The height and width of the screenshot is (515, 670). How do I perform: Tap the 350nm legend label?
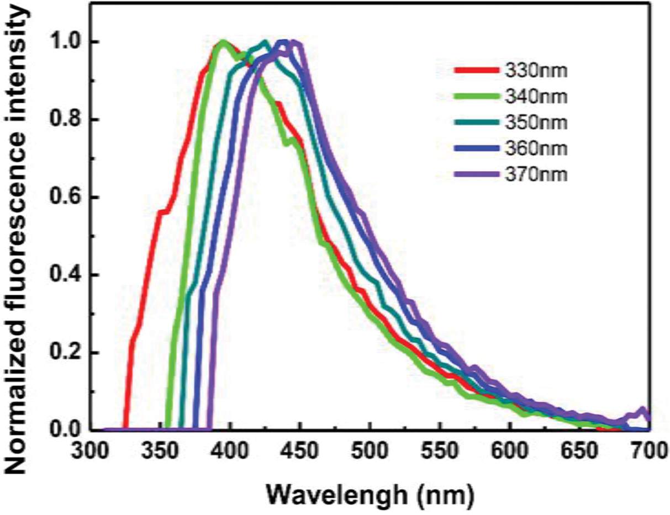tap(535, 123)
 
